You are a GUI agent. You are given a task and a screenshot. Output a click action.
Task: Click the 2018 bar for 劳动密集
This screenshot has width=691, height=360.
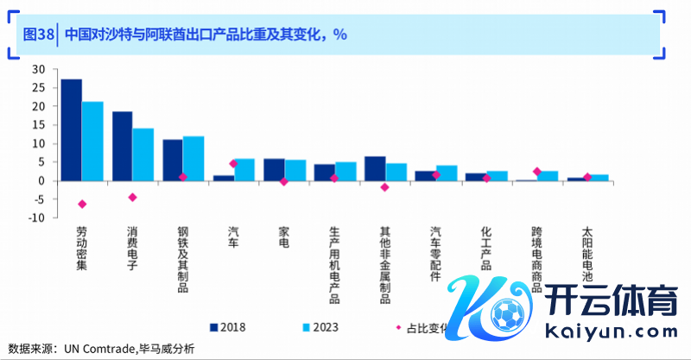pos(72,129)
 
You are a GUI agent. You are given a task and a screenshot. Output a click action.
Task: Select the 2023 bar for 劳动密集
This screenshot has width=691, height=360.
pos(92,141)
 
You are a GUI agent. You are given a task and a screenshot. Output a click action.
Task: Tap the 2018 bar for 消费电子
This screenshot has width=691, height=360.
pos(123,146)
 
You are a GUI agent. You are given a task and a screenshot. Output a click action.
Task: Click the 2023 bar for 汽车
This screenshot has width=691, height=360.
pos(244,169)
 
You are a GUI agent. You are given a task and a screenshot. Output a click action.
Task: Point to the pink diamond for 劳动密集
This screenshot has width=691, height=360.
pos(82,205)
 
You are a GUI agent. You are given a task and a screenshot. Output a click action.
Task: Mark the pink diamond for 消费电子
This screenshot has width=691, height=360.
pos(133,198)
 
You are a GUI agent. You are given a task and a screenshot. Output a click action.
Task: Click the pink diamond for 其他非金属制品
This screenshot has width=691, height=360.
pos(385,187)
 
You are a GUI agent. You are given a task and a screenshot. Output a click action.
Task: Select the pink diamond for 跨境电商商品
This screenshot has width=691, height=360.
pos(537,172)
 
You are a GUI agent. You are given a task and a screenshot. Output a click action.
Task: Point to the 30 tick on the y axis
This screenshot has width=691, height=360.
pos(37,69)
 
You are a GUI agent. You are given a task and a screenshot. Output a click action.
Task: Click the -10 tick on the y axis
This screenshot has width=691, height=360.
pos(35,218)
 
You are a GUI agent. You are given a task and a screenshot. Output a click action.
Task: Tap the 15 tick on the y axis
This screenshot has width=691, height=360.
pos(37,125)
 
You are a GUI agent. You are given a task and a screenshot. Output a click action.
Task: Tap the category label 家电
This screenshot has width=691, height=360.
pos(284,237)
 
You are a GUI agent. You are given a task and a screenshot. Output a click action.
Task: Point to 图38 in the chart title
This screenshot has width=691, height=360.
pos(38,35)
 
